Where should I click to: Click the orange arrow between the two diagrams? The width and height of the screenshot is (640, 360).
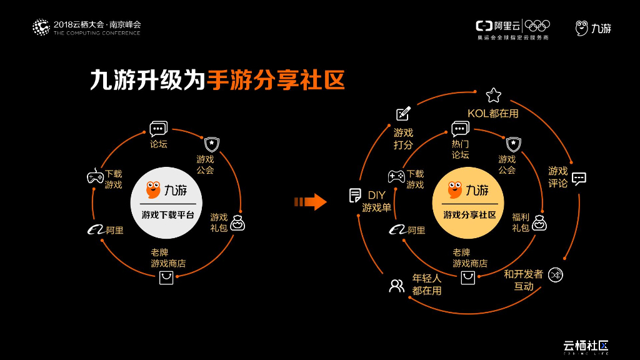311,202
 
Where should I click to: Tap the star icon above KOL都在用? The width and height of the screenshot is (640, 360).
494,95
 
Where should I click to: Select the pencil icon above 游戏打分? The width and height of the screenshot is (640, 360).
403,114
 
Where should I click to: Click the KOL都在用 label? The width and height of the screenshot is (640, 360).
493,114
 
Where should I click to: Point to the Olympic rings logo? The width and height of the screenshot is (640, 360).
537,26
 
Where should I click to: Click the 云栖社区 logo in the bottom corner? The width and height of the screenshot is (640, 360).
586,346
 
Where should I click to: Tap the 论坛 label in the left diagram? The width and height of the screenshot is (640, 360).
159,144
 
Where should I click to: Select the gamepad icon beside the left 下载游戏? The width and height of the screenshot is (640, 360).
95,177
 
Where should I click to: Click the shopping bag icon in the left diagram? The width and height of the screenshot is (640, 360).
166,277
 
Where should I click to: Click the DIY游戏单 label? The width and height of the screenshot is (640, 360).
376,201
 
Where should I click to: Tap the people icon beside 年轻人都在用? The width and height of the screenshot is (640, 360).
397,286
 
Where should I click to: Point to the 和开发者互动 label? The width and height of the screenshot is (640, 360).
524,280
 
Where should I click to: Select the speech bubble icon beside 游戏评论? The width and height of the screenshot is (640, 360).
579,178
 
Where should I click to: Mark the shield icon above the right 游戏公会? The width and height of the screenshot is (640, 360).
513,143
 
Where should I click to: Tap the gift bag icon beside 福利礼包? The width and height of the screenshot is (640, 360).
539,222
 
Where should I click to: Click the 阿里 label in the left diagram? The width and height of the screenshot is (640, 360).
114,231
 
